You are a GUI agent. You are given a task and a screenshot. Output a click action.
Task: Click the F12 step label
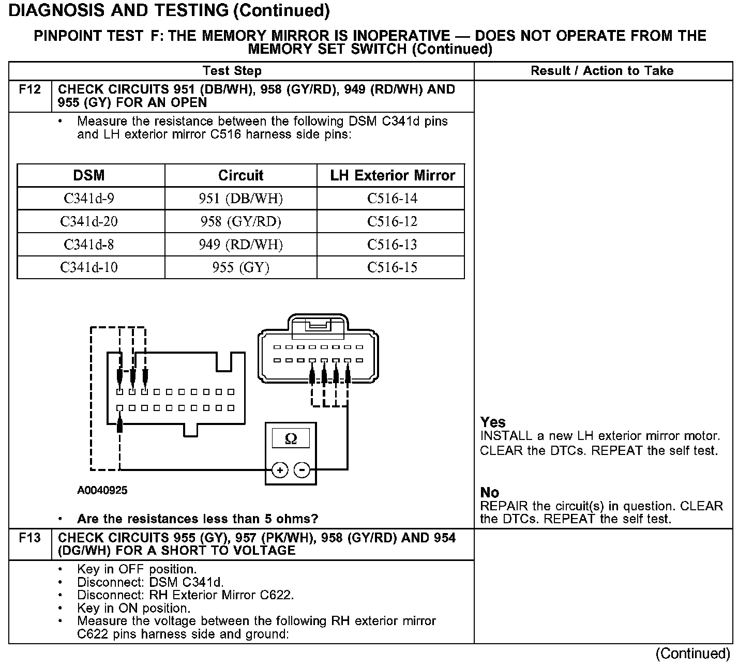(29, 90)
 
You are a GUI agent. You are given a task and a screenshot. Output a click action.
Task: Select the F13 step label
(29, 538)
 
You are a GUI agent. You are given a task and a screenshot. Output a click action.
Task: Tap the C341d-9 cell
(89, 199)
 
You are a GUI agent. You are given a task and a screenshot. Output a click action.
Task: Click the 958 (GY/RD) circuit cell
(240, 222)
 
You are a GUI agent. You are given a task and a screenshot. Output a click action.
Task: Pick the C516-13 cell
(392, 245)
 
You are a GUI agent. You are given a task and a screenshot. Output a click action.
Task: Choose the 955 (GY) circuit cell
(240, 267)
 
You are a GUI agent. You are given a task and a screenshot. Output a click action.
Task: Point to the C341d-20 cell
(89, 222)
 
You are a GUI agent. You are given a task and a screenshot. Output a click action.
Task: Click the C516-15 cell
(392, 267)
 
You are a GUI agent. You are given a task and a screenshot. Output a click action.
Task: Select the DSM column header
(89, 176)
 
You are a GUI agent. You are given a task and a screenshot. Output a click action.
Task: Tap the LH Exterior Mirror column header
(393, 176)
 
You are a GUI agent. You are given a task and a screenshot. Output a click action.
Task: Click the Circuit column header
(240, 176)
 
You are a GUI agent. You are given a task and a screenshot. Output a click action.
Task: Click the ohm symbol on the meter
(291, 439)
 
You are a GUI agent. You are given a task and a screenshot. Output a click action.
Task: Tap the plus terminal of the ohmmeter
(280, 470)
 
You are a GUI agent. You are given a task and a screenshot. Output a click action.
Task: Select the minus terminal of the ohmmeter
(302, 470)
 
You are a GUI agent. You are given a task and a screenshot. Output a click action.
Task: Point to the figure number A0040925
(102, 490)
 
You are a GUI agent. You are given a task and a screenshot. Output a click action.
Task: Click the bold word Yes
(493, 422)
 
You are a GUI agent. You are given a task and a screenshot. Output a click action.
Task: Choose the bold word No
(489, 492)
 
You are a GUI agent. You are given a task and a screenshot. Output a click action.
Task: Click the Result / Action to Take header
(602, 71)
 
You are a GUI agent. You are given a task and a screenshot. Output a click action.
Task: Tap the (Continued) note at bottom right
(692, 654)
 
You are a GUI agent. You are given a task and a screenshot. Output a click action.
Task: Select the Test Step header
(232, 71)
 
